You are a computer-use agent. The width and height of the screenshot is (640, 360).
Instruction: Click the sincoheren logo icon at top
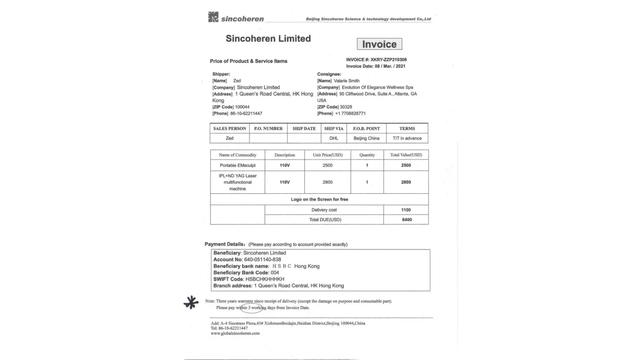(213, 17)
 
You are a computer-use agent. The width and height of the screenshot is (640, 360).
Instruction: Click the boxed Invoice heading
(379, 44)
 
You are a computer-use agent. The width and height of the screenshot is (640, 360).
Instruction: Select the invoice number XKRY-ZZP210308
(388, 60)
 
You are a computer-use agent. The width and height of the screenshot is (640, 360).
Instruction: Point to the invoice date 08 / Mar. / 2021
(390, 66)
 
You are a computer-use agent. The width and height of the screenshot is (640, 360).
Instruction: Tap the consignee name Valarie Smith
(346, 81)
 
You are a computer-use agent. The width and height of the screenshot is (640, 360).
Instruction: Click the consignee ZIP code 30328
(346, 107)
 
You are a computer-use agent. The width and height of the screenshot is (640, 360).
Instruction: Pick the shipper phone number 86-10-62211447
(246, 113)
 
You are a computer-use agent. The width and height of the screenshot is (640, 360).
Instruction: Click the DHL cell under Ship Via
(334, 138)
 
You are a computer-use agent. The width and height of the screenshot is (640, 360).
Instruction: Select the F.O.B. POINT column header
(366, 129)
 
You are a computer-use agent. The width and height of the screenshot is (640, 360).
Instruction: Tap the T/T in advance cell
(407, 138)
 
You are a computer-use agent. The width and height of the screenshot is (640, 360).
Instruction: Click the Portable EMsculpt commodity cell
(238, 165)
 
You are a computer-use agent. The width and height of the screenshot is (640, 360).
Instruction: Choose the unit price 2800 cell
(327, 182)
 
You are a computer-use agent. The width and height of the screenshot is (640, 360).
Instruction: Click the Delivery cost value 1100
(406, 210)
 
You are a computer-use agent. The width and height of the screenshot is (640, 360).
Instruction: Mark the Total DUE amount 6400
(407, 220)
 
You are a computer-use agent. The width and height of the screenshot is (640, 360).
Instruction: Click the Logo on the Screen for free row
(319, 199)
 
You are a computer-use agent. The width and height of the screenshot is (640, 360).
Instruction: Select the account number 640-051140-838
(262, 260)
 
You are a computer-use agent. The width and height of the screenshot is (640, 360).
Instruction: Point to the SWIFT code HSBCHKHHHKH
(265, 279)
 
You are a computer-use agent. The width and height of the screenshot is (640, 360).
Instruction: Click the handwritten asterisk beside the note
(191, 302)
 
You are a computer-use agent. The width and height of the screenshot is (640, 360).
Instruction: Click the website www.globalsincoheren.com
(235, 333)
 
